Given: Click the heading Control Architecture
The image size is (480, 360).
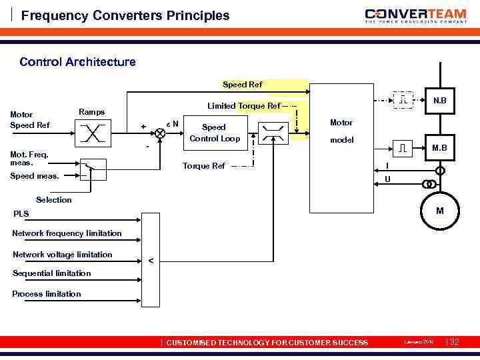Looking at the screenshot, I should tap(77, 62).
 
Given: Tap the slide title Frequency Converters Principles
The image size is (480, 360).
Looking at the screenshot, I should tap(125, 15).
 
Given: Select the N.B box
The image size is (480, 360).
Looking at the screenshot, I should tap(439, 101).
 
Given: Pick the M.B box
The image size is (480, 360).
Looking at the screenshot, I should tap(439, 147).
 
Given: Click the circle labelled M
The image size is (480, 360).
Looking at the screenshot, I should tap(439, 211).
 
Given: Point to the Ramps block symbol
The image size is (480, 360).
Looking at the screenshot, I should tap(91, 133).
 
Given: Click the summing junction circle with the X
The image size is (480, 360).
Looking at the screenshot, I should tap(159, 133).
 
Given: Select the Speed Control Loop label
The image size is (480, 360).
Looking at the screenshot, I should tap(213, 133).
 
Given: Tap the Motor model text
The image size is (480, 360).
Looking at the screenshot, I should tap(341, 131).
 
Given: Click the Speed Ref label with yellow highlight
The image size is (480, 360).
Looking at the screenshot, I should tap(242, 85).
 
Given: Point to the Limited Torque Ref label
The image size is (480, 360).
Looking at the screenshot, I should tap(243, 106).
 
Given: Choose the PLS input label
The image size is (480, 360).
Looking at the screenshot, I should tap(22, 214).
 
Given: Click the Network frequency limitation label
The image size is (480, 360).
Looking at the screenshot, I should tap(67, 233).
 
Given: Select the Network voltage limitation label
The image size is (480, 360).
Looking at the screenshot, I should tap(63, 254).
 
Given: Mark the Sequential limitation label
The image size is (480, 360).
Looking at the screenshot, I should tap(52, 273).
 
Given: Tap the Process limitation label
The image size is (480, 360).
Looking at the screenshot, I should tap(47, 294).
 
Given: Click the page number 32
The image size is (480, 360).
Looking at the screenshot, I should tap(455, 342).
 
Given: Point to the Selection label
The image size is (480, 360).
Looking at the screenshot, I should tap(54, 200).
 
